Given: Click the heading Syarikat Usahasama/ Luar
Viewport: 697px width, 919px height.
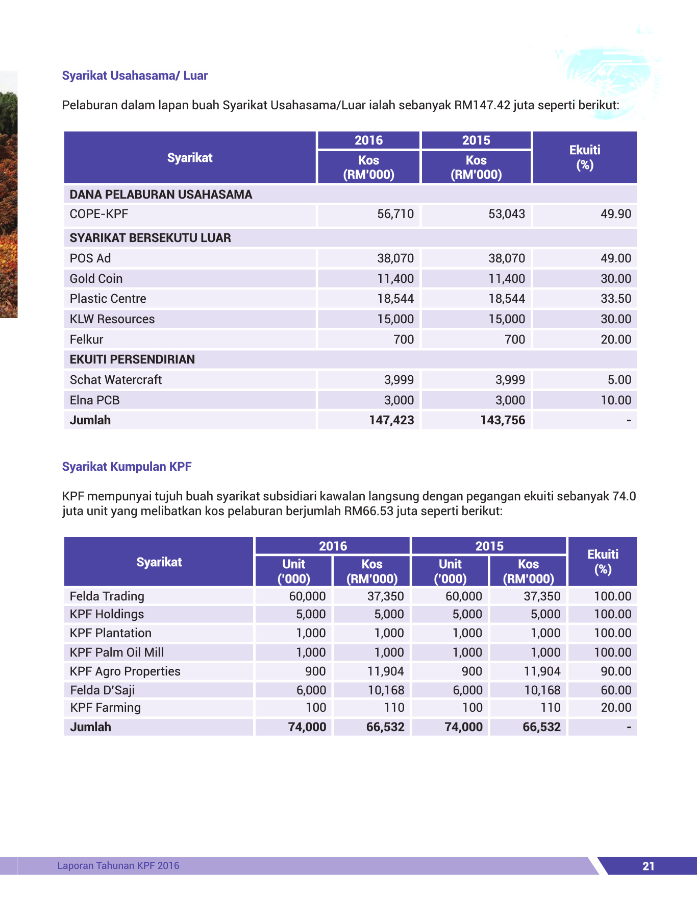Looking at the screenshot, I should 135,76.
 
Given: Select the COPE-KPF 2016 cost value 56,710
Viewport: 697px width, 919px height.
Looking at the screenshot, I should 395,214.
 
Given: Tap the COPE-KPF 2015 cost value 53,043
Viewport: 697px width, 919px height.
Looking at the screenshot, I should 507,214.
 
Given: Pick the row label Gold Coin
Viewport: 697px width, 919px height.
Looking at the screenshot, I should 96,279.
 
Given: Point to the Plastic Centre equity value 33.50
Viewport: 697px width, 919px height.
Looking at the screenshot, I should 615,299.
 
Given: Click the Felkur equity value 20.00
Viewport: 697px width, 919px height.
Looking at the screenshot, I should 615,340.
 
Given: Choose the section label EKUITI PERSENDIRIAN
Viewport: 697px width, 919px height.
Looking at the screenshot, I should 132,359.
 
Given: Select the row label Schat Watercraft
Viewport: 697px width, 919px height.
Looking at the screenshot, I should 116,380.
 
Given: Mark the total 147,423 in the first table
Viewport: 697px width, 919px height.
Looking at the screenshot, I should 391,420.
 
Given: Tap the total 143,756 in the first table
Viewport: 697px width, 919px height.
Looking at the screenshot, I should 503,420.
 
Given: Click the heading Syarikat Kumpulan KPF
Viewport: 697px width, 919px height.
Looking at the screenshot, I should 127,467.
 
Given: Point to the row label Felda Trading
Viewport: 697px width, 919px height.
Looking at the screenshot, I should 107,596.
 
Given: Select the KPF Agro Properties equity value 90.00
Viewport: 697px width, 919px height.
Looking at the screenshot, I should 615,671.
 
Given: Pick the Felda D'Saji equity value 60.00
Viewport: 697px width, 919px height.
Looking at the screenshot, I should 615,690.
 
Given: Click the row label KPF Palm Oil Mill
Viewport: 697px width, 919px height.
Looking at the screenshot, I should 117,652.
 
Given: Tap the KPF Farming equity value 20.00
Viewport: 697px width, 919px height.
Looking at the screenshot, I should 615,708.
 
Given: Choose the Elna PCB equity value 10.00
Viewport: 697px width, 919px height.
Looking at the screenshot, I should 615,400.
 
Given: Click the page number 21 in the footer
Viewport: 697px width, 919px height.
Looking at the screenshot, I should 648,866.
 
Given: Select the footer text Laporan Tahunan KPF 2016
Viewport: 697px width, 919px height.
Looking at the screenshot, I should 118,865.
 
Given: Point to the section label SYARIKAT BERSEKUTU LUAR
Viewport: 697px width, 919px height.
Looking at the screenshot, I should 151,238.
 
